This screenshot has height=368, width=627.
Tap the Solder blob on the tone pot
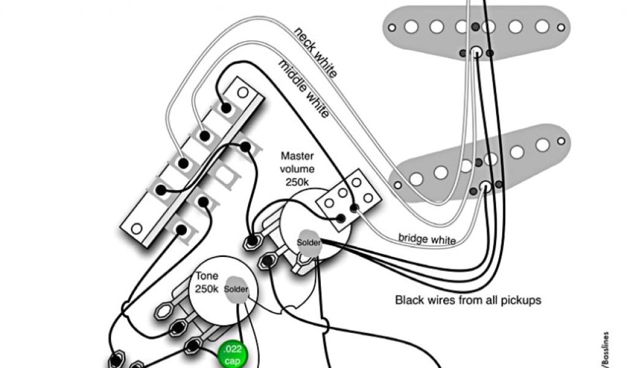coord(236,289)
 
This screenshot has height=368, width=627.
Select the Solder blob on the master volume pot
coord(308,242)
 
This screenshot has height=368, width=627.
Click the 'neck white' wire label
coord(315,52)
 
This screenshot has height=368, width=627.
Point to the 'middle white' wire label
coord(304,90)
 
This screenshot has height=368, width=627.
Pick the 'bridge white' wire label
coord(427,239)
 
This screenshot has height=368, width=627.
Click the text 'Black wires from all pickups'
coord(468,301)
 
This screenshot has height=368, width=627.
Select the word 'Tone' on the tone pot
coord(206,276)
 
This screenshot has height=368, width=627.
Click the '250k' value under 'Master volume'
coord(297,182)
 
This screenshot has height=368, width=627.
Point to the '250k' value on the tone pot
coord(206,289)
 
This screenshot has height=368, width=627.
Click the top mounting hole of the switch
coord(243,93)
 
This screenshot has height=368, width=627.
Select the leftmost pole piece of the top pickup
coord(410,26)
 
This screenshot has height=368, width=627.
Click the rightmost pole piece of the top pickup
coord(542,26)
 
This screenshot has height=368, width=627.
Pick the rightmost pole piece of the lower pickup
coord(543,145)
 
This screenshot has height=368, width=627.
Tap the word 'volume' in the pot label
coord(297,169)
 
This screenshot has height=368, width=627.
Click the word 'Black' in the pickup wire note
coord(408,301)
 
